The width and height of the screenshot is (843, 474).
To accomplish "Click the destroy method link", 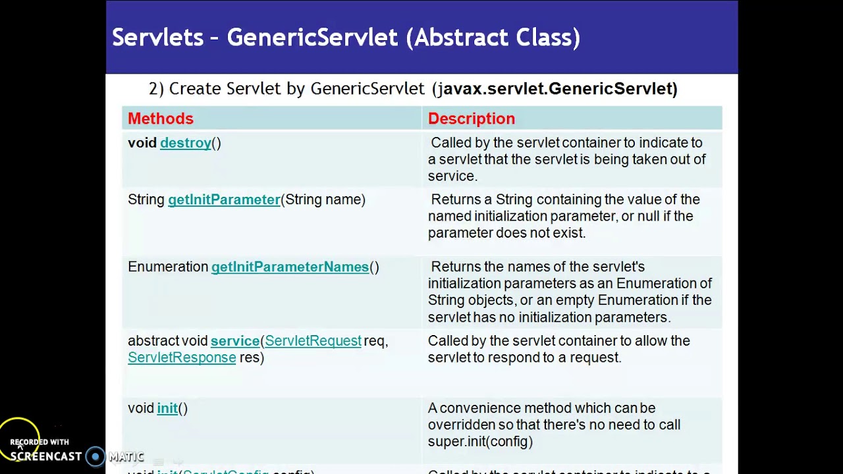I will [x=186, y=143].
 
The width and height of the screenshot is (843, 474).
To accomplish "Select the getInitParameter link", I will [x=224, y=199].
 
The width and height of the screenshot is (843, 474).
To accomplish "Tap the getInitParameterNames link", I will [x=290, y=267].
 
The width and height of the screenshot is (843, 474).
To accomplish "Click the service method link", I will [x=234, y=341].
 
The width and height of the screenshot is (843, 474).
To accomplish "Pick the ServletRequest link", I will [x=313, y=341].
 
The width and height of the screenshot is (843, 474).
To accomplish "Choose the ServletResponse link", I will [x=182, y=357].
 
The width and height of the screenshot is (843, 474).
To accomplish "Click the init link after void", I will [x=167, y=408].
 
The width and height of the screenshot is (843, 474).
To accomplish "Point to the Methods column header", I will [x=161, y=118].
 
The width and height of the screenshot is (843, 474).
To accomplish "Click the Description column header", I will [x=471, y=118].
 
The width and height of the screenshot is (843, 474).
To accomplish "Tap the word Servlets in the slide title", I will [x=157, y=38].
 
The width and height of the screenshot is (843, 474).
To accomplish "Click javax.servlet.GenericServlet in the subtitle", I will [x=557, y=89].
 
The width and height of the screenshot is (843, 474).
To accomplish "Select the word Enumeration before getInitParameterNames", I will [x=168, y=267].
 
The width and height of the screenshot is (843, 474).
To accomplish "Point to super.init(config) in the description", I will [x=480, y=442].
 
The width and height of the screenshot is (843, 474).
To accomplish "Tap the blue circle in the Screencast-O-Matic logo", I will [x=95, y=456].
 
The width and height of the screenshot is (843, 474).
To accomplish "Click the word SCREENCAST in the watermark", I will [x=46, y=456].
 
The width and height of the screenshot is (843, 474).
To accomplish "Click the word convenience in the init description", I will [x=479, y=408].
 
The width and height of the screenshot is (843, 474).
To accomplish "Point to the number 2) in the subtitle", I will [x=156, y=89].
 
